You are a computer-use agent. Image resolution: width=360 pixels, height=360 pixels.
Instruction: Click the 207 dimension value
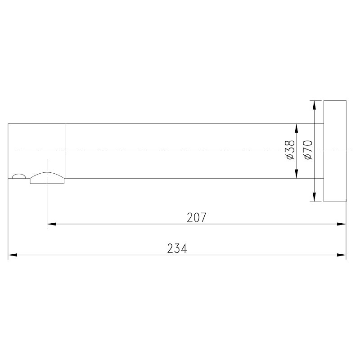tap(197, 218)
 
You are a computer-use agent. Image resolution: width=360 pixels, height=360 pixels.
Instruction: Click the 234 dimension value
tap(177, 248)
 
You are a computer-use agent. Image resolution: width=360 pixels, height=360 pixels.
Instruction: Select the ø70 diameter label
tap(308, 150)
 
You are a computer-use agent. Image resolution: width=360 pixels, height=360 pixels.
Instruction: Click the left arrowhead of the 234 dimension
tap(13, 255)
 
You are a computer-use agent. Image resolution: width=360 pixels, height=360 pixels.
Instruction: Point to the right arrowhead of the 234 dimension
tap(342, 255)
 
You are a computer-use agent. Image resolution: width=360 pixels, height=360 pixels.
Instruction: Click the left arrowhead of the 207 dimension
tap(52, 224)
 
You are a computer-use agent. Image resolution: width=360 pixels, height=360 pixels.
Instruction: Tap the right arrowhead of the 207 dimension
tap(342, 224)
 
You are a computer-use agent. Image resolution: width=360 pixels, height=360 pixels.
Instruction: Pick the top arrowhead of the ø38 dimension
tap(296, 128)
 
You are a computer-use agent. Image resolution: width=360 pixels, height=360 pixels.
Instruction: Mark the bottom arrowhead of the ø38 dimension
tap(296, 174)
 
